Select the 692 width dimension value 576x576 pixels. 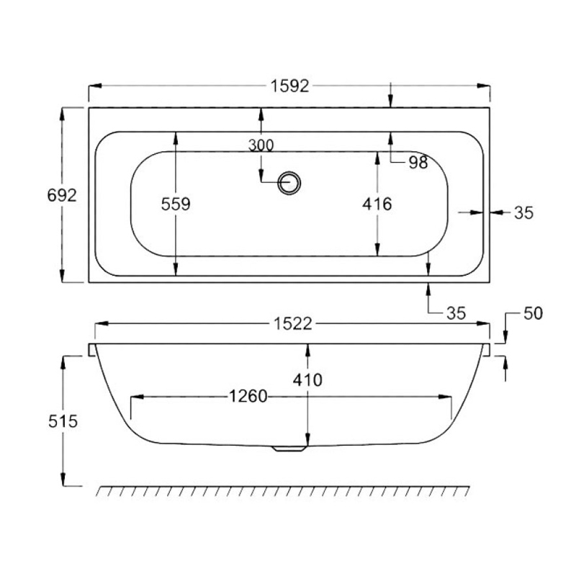click(61, 194)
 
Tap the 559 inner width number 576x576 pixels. click(176, 204)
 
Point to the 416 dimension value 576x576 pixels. click(377, 204)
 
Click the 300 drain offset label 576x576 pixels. click(261, 145)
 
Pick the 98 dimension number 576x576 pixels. click(418, 163)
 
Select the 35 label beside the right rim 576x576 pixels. click(523, 212)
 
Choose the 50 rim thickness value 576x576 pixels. click(533, 313)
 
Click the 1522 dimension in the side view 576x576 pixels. click(292, 325)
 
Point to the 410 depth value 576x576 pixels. click(307, 379)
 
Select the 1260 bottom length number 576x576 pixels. click(248, 397)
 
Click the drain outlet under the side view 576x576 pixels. click(289, 449)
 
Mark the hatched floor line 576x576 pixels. click(283, 491)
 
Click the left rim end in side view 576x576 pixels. click(92, 350)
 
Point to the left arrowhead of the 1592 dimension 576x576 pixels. click(94, 86)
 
